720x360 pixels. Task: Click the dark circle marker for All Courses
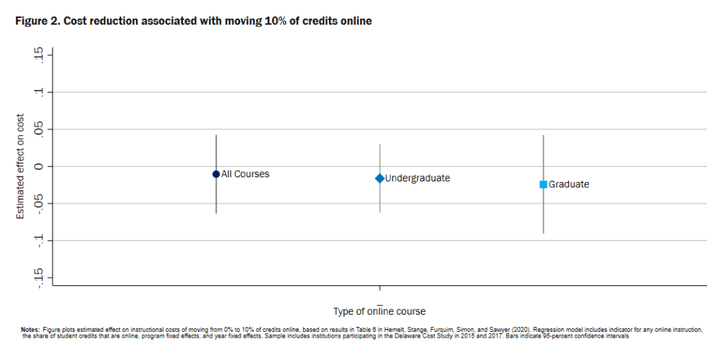click(216, 174)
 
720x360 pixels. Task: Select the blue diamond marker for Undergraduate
click(379, 178)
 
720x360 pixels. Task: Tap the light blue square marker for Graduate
click(544, 184)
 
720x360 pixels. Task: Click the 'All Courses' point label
click(246, 174)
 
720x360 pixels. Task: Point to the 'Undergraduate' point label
click(418, 178)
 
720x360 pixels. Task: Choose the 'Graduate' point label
click(569, 184)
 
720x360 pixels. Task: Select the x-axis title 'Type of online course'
click(379, 312)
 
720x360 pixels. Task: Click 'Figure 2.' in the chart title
click(37, 22)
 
